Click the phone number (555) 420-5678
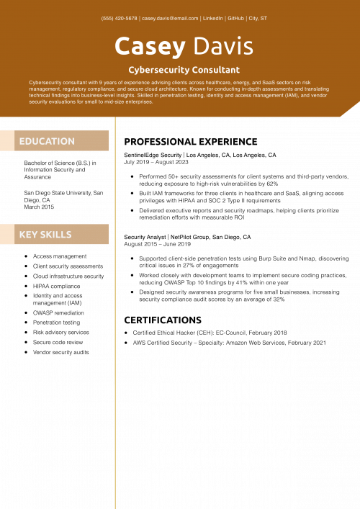[x=120, y=18]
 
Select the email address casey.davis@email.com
[x=169, y=18]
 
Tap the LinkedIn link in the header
[x=212, y=18]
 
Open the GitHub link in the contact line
[x=235, y=18]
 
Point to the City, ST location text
[x=258, y=18]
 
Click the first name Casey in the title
[x=150, y=47]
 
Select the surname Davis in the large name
[x=222, y=47]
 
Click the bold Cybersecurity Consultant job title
[x=184, y=70]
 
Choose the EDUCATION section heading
[x=47, y=141]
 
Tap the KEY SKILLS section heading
[x=45, y=235]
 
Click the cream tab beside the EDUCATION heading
[x=7, y=141]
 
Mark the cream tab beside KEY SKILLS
[x=7, y=235]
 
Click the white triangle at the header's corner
[x=352, y=111]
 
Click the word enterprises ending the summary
[x=140, y=102]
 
